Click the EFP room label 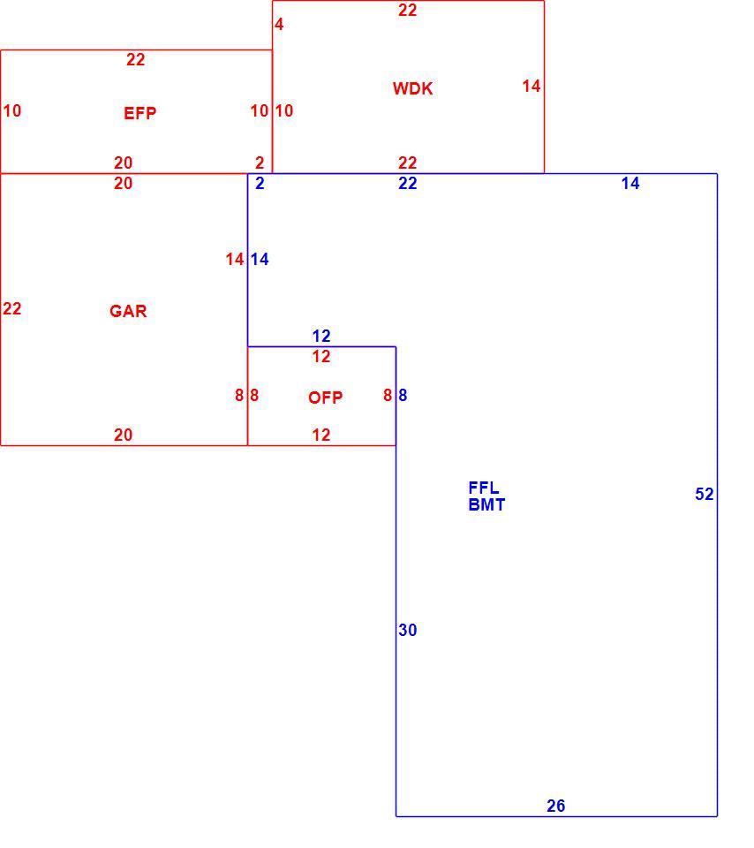140,113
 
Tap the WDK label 412,88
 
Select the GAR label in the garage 128,311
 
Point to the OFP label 325,397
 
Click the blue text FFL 484,488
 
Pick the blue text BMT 486,504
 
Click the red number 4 279,25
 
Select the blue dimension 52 705,494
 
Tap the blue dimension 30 408,630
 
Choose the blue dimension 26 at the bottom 555,806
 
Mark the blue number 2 260,184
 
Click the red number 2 260,163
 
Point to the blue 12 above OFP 321,336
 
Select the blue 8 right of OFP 403,396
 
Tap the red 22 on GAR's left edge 11,309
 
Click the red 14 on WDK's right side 532,86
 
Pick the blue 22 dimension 408,184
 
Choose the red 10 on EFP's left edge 11,111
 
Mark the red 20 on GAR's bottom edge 124,435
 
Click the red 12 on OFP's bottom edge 321,435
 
